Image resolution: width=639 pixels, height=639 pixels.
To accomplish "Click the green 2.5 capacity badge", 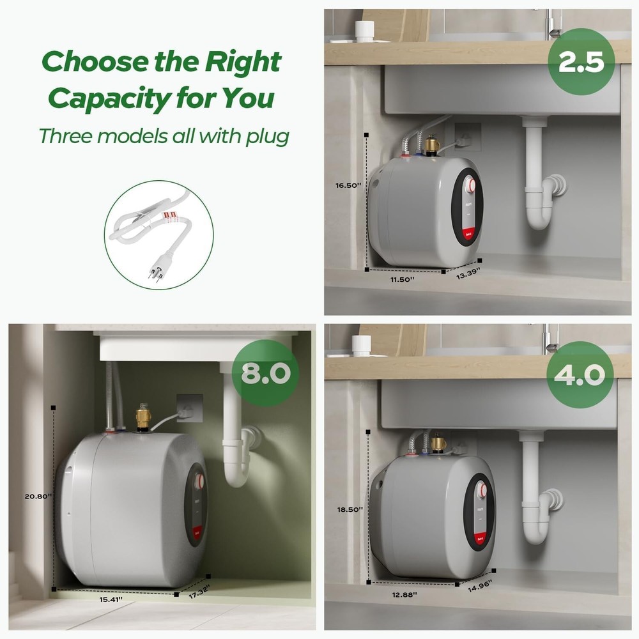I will [x=581, y=61].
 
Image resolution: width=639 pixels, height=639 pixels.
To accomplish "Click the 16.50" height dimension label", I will [x=348, y=185].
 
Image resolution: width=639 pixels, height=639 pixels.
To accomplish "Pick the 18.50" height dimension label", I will [x=351, y=509].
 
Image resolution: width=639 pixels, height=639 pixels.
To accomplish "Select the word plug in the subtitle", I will [x=267, y=135].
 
